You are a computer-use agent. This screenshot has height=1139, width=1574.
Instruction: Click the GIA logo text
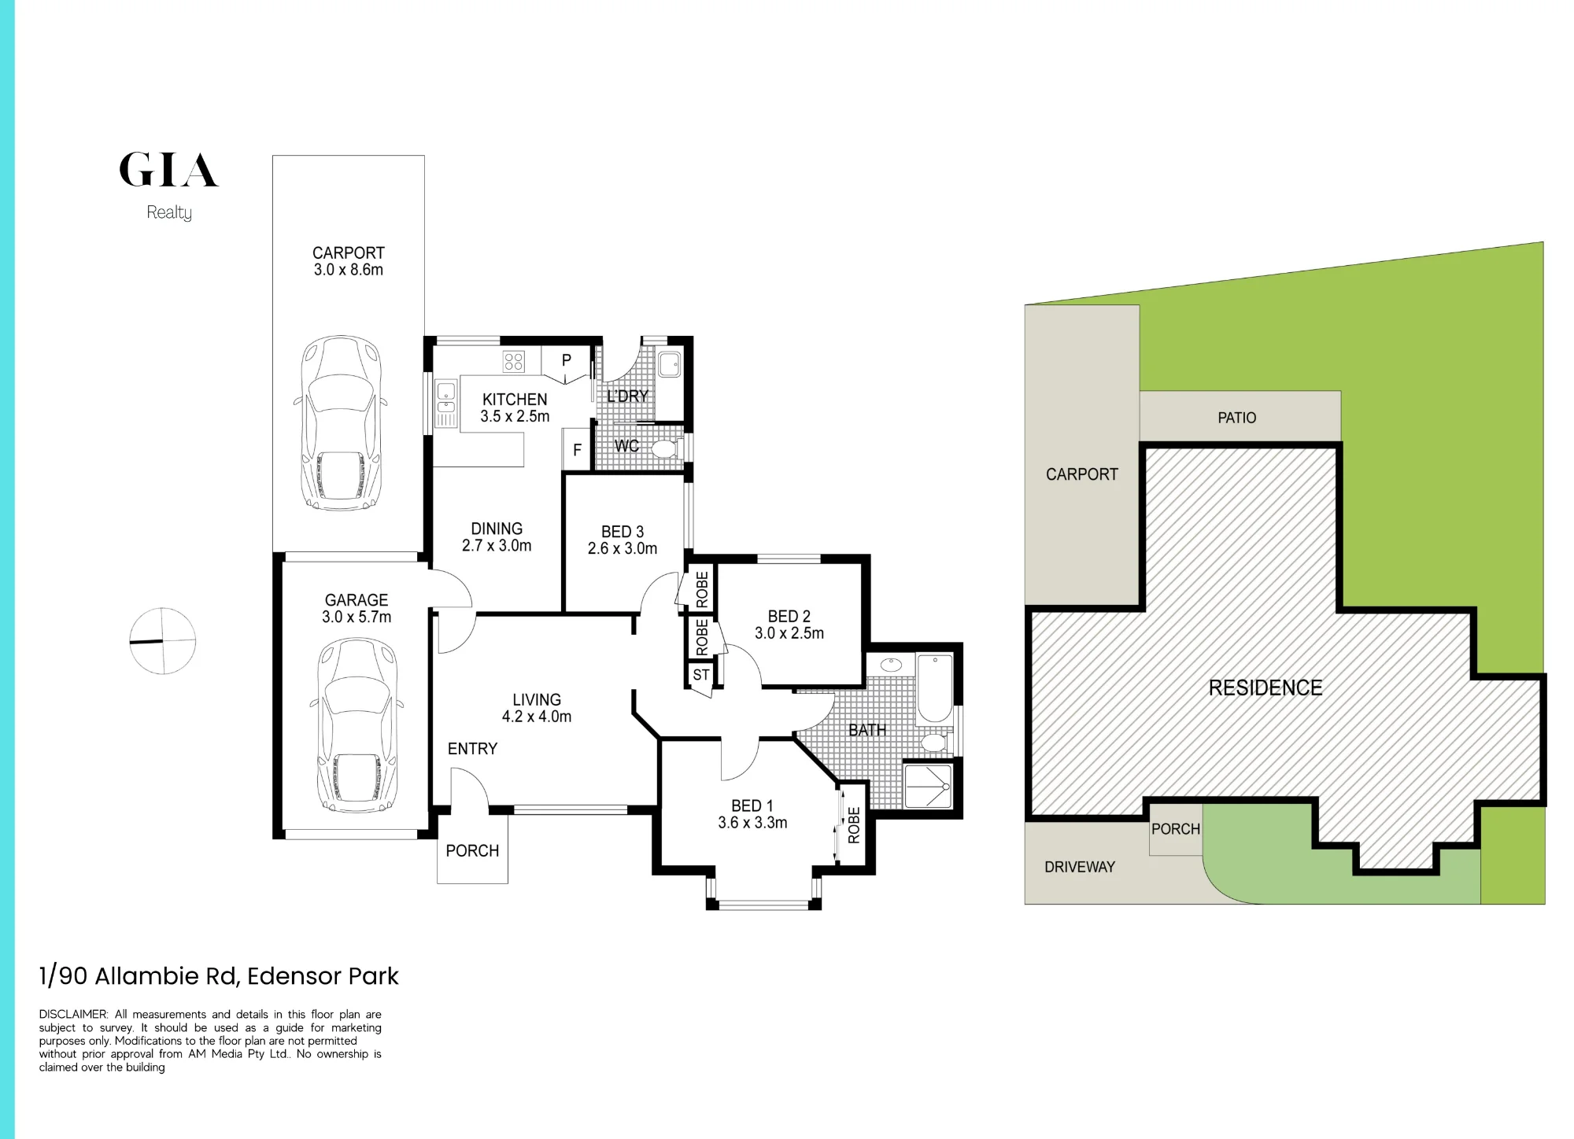point(168,170)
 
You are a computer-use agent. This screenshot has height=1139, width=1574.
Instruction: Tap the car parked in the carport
point(341,424)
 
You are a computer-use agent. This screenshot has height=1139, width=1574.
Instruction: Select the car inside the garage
point(357,726)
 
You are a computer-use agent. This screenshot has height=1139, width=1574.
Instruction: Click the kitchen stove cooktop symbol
point(513,362)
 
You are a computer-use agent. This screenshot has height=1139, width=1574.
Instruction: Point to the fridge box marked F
point(577,450)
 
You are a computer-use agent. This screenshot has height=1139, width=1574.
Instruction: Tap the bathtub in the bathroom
point(935,687)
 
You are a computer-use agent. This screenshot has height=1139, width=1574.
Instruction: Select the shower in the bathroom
point(929,784)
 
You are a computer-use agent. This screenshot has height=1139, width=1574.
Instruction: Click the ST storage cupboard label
point(701,675)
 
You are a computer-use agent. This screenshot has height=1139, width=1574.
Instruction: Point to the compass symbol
point(162,641)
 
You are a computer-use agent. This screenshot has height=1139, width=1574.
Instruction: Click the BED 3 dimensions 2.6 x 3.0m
point(623,548)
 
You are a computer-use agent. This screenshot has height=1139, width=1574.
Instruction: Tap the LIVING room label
point(537,699)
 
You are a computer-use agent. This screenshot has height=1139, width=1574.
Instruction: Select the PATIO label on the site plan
point(1237,418)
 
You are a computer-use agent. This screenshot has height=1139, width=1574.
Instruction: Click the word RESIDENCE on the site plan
point(1265,688)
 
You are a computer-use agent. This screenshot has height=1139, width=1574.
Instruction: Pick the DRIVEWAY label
point(1080,867)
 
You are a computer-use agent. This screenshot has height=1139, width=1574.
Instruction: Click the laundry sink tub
point(670,365)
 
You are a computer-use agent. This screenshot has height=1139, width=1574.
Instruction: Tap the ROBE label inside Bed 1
point(854,825)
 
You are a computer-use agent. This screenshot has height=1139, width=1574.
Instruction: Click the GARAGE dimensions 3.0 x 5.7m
point(357,617)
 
